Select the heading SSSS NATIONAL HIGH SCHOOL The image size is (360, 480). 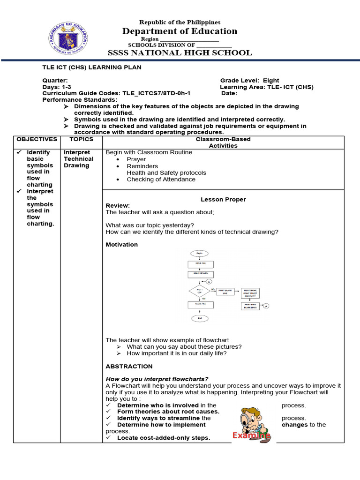[x=180, y=52]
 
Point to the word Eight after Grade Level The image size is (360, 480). [x=271, y=81]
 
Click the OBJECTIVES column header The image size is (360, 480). [x=37, y=139]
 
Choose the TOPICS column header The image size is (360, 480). [x=81, y=139]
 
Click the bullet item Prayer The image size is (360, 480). [x=136, y=159]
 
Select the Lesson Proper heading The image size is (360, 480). [x=223, y=199]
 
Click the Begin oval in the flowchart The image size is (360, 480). [x=200, y=253]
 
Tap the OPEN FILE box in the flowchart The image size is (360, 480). [x=201, y=264]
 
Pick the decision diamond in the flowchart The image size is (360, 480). [x=200, y=291]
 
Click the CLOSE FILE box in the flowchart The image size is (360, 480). [x=201, y=304]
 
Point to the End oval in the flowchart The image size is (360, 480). [x=200, y=318]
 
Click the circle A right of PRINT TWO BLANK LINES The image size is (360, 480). [x=266, y=306]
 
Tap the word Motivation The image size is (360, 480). [x=122, y=245]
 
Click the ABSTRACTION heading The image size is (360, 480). [x=129, y=366]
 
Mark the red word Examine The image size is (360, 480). [x=251, y=436]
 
